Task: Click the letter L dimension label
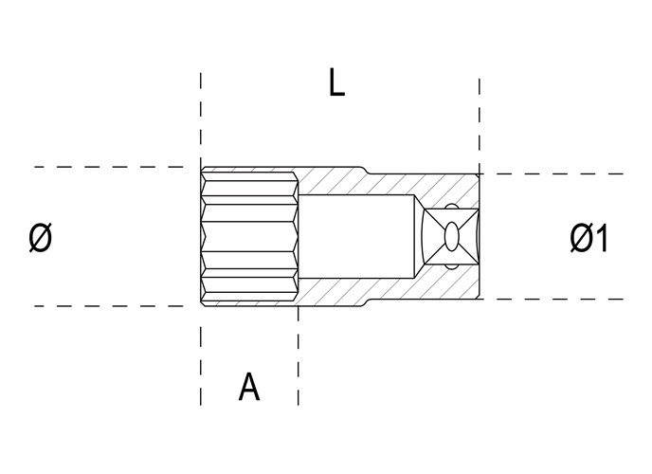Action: pyautogui.click(x=336, y=82)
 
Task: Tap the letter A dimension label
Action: pyautogui.click(x=249, y=387)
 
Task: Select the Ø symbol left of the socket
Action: pyautogui.click(x=41, y=237)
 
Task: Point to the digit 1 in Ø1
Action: pyautogui.click(x=601, y=238)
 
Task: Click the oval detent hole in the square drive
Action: pyautogui.click(x=452, y=237)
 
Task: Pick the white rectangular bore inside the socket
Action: pyautogui.click(x=356, y=236)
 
